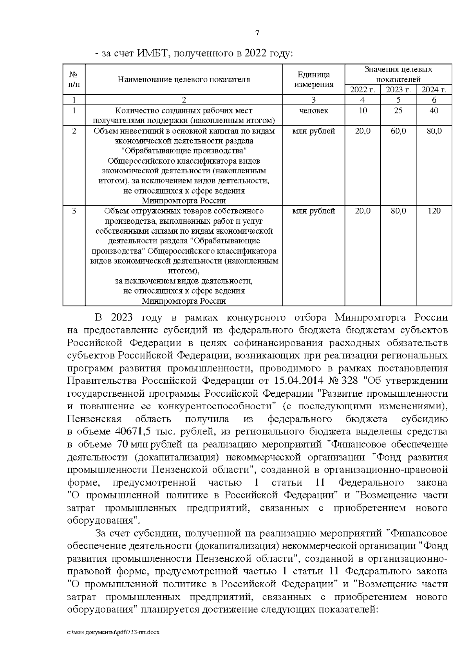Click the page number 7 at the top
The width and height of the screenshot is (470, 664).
257,33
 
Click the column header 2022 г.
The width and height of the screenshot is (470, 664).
363,90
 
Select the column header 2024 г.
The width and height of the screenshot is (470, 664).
434,90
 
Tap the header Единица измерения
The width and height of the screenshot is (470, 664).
314,79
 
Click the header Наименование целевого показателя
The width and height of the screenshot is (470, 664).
184,79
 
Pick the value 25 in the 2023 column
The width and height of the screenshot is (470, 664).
398,110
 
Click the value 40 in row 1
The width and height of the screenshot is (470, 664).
434,110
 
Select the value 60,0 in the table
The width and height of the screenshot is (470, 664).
398,131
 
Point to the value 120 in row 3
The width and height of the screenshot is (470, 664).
434,211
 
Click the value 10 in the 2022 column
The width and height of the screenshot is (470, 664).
363,110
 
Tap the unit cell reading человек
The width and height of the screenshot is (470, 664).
314,110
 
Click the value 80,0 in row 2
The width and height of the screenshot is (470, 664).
434,131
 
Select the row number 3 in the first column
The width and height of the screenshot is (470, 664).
74,211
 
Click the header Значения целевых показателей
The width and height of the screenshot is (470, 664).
398,74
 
